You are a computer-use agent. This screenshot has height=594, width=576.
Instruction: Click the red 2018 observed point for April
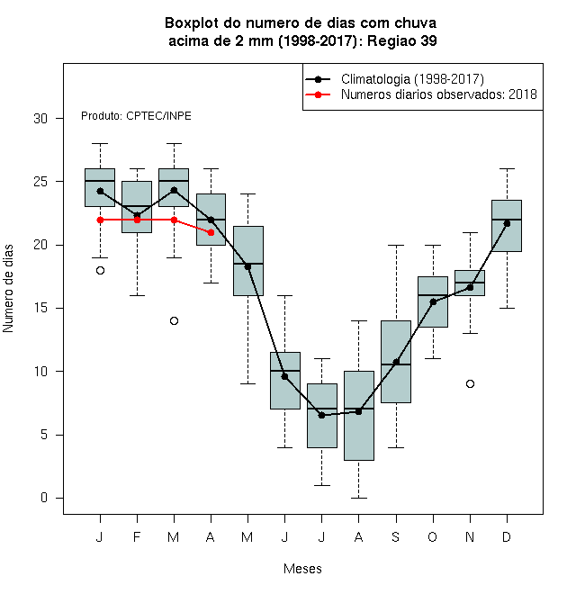pyautogui.click(x=211, y=232)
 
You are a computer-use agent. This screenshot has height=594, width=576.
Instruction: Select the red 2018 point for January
pyautogui.click(x=100, y=220)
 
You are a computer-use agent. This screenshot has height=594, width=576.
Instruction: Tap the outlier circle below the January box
pyautogui.click(x=100, y=271)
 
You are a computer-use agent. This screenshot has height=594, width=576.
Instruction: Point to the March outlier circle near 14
pyautogui.click(x=174, y=321)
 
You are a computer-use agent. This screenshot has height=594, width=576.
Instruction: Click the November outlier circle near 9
pyautogui.click(x=470, y=384)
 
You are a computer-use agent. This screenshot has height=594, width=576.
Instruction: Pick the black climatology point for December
pyautogui.click(x=507, y=223)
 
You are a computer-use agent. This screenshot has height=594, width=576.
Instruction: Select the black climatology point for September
pyautogui.click(x=396, y=362)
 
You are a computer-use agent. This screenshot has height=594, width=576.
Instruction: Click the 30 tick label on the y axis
pyautogui.click(x=40, y=119)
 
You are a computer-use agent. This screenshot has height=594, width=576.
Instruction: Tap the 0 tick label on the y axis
pyautogui.click(x=44, y=498)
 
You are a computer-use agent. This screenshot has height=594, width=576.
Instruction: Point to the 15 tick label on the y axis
pyautogui.click(x=40, y=308)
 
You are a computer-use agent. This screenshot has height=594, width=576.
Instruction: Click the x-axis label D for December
pyautogui.click(x=507, y=536)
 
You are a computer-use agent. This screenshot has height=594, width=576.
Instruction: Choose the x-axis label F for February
pyautogui.click(x=137, y=536)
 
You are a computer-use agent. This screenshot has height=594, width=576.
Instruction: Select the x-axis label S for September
pyautogui.click(x=396, y=536)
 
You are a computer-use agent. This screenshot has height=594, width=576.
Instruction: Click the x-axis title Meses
pyautogui.click(x=302, y=569)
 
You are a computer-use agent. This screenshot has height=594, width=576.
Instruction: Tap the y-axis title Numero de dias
pyautogui.click(x=8, y=289)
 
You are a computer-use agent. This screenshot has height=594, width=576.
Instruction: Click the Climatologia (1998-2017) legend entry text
pyautogui.click(x=412, y=79)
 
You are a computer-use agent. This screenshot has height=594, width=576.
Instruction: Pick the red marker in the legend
pyautogui.click(x=318, y=94)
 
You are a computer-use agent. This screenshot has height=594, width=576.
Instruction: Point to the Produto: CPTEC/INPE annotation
pyautogui.click(x=136, y=116)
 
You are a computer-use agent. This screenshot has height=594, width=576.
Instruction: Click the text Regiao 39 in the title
pyautogui.click(x=402, y=40)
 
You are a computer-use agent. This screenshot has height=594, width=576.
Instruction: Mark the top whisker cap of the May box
pyautogui.click(x=247, y=194)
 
